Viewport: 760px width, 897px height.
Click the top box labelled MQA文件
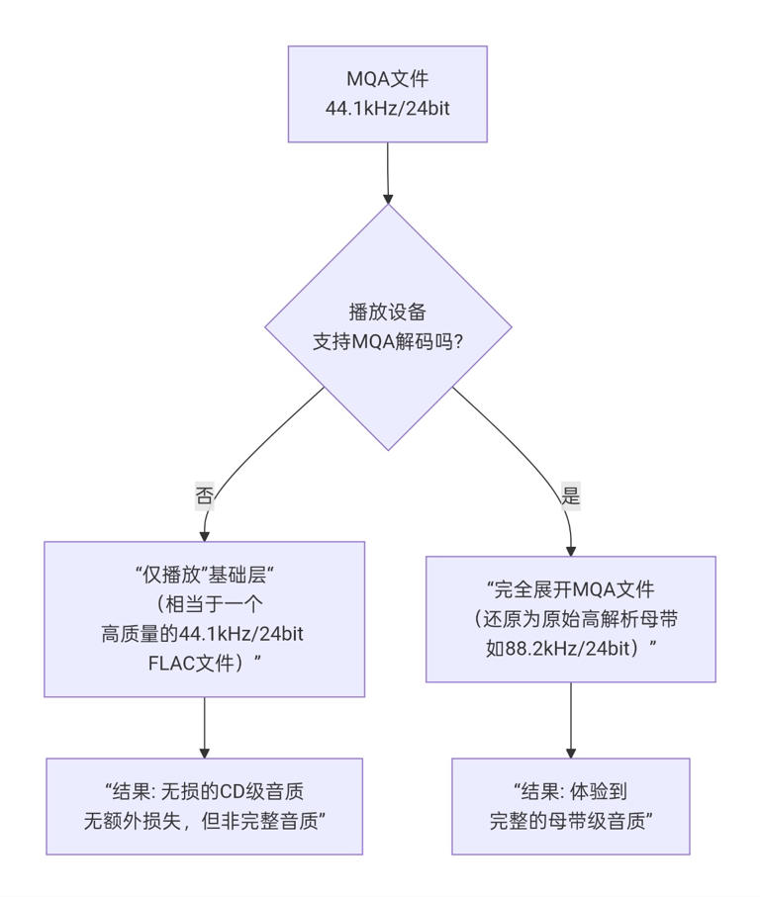(388, 94)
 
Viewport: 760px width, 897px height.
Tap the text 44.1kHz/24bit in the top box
(388, 108)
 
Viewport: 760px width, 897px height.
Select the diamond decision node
(388, 327)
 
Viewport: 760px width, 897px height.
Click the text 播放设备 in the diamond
(388, 313)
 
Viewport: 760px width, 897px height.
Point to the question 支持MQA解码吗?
(388, 342)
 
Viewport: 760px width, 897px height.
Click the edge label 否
(204, 495)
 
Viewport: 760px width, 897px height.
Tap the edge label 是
(571, 495)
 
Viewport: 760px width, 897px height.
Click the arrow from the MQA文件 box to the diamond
(388, 173)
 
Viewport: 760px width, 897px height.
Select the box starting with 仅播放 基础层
(204, 619)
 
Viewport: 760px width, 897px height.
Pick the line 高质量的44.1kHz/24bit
(202, 634)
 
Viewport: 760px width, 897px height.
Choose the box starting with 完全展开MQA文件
(571, 619)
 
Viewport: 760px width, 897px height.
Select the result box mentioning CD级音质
(204, 807)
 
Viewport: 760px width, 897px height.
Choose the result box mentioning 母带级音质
(571, 807)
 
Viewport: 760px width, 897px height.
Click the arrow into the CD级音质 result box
(204, 728)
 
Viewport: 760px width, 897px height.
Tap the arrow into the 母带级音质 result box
(571, 720)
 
